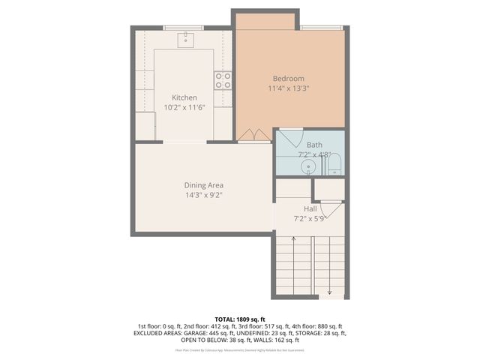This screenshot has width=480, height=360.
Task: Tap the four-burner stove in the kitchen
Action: click(223, 80)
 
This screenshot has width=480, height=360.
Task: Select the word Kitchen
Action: click(184, 97)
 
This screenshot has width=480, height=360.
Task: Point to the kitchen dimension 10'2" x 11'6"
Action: click(184, 107)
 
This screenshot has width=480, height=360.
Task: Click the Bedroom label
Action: click(288, 79)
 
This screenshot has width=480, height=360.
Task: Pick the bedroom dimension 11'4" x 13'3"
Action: click(289, 88)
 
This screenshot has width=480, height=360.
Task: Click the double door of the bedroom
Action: click(254, 135)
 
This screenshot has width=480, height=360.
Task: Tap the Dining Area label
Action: click(204, 185)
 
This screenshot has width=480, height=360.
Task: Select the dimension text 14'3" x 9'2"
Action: click(204, 195)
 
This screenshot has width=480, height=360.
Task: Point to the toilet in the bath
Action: click(334, 164)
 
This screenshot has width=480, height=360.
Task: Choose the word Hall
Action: click(310, 208)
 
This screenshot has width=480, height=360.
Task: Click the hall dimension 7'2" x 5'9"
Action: click(310, 218)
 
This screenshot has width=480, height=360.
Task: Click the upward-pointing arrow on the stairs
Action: click(293, 240)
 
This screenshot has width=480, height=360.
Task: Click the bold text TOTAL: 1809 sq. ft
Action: click(240, 319)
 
